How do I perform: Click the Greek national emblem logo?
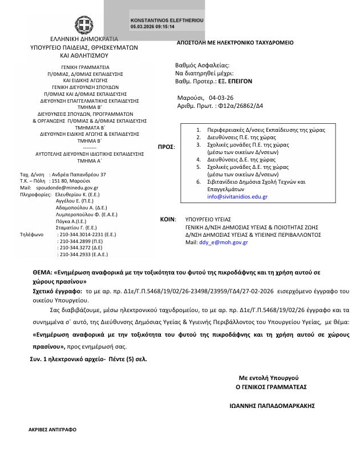(85, 25)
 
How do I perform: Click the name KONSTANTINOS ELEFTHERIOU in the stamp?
(167, 19)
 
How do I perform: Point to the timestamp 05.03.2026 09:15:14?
(152, 26)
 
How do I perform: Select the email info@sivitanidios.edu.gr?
(237, 196)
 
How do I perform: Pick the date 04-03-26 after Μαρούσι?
(221, 98)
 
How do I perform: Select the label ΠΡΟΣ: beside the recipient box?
(166, 147)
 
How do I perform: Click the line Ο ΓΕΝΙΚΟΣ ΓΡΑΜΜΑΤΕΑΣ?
(271, 386)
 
